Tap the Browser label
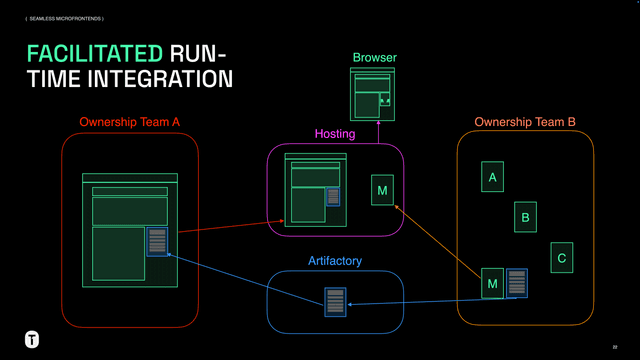click(374, 58)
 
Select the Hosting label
click(335, 133)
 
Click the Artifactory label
click(334, 261)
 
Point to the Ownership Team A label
click(129, 122)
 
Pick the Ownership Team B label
click(524, 122)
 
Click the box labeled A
click(491, 178)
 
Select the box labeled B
click(526, 216)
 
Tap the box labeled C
click(561, 258)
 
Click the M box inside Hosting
click(382, 190)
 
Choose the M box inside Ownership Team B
click(491, 283)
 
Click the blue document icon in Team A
click(157, 241)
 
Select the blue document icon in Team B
click(517, 282)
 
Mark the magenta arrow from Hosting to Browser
click(378, 132)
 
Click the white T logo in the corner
click(33, 338)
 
